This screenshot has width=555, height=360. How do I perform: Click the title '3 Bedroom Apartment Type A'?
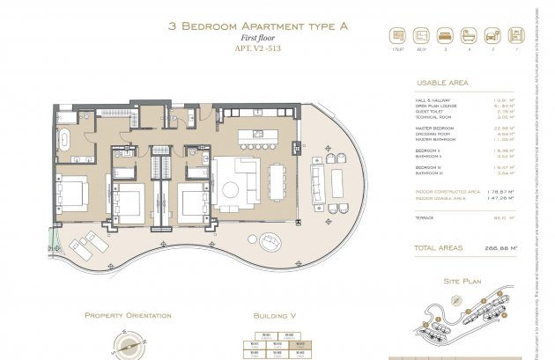[x=258, y=26]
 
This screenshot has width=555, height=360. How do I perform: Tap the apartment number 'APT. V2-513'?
[x=258, y=50]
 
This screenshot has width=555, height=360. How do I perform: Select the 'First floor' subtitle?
[x=258, y=39]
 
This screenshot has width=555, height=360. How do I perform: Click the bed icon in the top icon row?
[x=445, y=38]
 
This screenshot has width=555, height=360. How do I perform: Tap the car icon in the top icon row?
[x=492, y=38]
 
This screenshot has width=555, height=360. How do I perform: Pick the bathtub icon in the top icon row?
[x=469, y=38]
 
